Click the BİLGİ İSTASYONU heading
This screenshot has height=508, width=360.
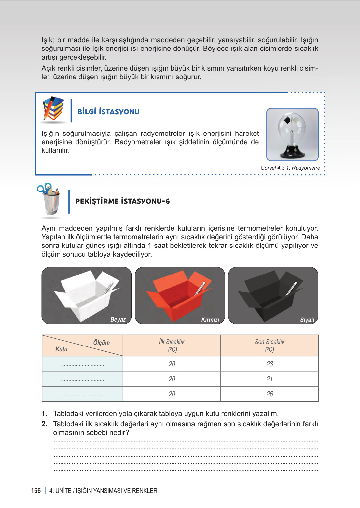108,112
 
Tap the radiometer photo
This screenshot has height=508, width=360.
292,134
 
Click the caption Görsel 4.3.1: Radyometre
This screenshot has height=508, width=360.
290,168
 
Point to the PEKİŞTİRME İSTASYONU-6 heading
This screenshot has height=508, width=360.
122,201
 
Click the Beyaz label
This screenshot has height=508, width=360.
118,319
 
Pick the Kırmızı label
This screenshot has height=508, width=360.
210,320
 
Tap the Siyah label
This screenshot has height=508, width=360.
307,320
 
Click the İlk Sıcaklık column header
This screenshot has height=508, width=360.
172,346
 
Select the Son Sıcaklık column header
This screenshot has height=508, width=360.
270,346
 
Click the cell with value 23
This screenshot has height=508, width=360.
270,364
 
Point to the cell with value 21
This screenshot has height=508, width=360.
270,379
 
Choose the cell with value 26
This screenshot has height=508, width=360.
270,394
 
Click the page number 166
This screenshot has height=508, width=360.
36,491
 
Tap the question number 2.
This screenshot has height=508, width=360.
45,424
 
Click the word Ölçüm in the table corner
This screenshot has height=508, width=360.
102,343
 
